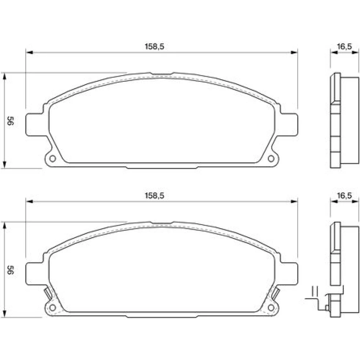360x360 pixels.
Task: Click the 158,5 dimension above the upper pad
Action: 154,46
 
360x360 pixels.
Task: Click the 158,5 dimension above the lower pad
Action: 154,196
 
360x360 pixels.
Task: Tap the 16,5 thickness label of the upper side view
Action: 345,46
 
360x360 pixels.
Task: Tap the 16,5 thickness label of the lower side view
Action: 345,196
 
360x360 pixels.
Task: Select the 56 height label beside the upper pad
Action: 10,121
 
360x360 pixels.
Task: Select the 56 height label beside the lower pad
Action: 10,270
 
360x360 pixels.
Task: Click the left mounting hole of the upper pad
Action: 53,159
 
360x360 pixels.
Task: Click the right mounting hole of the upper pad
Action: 271,159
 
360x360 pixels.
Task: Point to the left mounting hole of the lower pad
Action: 53,308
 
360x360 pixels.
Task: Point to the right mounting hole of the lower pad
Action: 271,308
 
